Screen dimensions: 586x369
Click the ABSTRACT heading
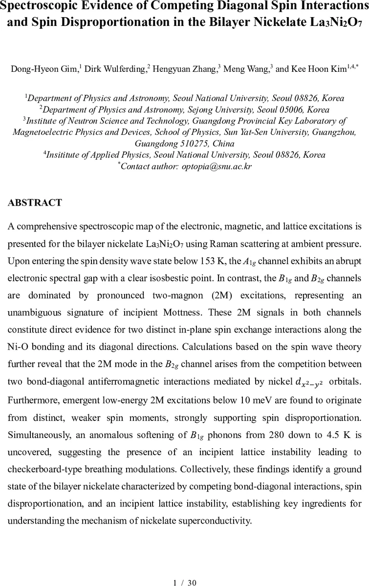coord(35,203)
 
